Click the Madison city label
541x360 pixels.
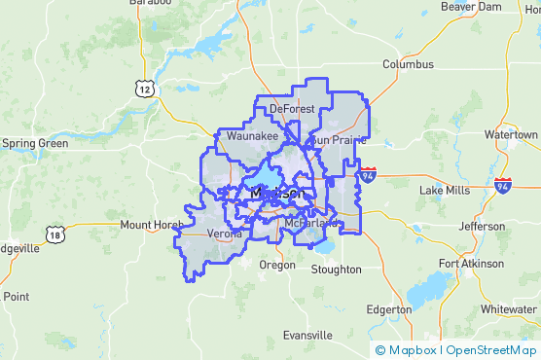(277, 194)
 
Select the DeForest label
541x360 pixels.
(293, 109)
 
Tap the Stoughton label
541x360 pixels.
(336, 270)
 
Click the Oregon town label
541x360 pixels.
(277, 265)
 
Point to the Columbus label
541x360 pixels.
(407, 65)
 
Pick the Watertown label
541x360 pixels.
(511, 134)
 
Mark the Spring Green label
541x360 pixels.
(35, 143)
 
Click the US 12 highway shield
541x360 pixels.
(146, 89)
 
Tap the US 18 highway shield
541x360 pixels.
(54, 234)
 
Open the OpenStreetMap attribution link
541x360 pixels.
(491, 350)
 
